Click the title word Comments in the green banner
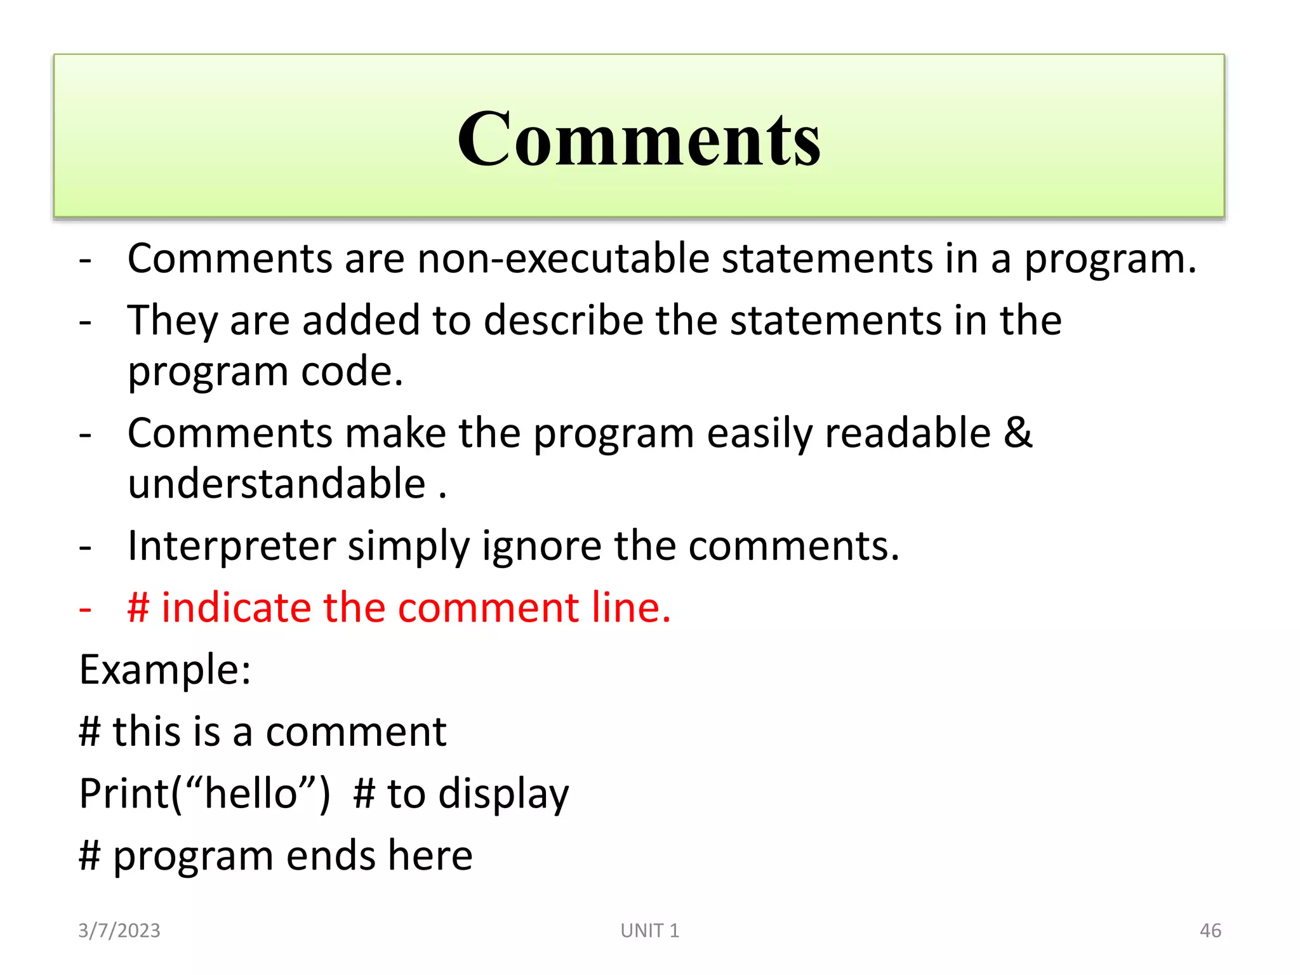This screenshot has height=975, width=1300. tap(639, 139)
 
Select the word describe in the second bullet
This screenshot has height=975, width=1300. tap(563, 321)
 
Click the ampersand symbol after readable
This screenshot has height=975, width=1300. tap(1018, 433)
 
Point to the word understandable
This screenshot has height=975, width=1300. tap(277, 484)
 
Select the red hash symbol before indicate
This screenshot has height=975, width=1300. tap(138, 607)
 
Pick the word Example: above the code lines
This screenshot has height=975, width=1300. tap(165, 670)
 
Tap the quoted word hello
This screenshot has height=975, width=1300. tap(251, 793)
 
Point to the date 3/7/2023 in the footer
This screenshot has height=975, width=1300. tap(119, 931)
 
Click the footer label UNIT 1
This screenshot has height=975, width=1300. tap(650, 931)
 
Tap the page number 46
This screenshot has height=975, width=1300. tap(1210, 931)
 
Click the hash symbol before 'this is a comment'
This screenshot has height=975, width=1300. tap(90, 731)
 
